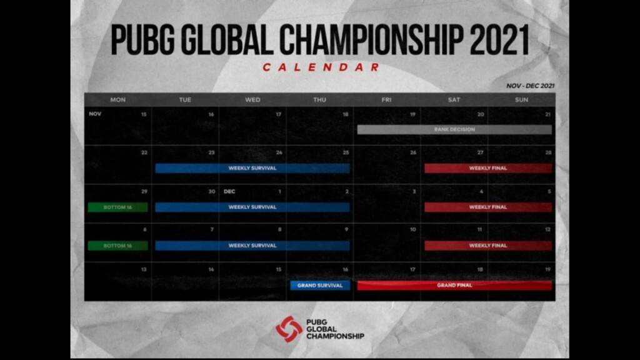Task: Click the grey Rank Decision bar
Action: (x=454, y=129)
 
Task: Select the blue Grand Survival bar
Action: (x=319, y=285)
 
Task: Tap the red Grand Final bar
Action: (x=454, y=285)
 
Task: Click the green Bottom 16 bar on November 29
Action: (x=117, y=207)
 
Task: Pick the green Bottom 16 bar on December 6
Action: (x=117, y=246)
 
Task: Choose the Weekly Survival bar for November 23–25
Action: (x=252, y=168)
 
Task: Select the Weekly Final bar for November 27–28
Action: (x=488, y=168)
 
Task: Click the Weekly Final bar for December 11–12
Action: (x=488, y=246)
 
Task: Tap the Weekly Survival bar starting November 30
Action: (x=252, y=207)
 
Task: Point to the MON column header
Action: (x=117, y=100)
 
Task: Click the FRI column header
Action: (x=387, y=100)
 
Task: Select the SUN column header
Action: (x=521, y=100)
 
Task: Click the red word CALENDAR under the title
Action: (x=321, y=67)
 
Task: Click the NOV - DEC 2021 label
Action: (x=530, y=86)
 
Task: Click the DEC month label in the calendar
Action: (x=229, y=191)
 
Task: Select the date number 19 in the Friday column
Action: (x=412, y=114)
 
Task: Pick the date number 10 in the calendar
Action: (x=412, y=230)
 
